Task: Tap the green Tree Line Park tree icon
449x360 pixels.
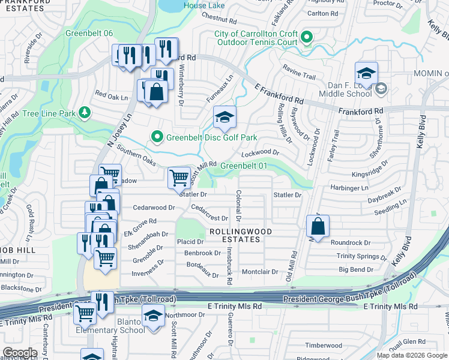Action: click(85, 112)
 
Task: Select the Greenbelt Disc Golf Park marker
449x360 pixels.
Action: click(157, 137)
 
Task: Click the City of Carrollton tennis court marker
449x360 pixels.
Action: click(306, 38)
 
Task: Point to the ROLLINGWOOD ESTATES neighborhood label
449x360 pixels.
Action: click(240, 235)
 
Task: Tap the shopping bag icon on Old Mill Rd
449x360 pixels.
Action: click(318, 227)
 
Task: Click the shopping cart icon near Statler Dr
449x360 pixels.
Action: click(179, 178)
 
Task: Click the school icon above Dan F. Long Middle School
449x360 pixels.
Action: click(366, 73)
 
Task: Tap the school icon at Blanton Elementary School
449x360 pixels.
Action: click(153, 316)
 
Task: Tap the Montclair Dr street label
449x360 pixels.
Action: click(259, 271)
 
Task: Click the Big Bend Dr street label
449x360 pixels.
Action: click(355, 270)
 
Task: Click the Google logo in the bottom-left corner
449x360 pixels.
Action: click(20, 353)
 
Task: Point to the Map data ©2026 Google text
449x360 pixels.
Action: click(412, 355)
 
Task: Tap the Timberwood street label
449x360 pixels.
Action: click(324, 345)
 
